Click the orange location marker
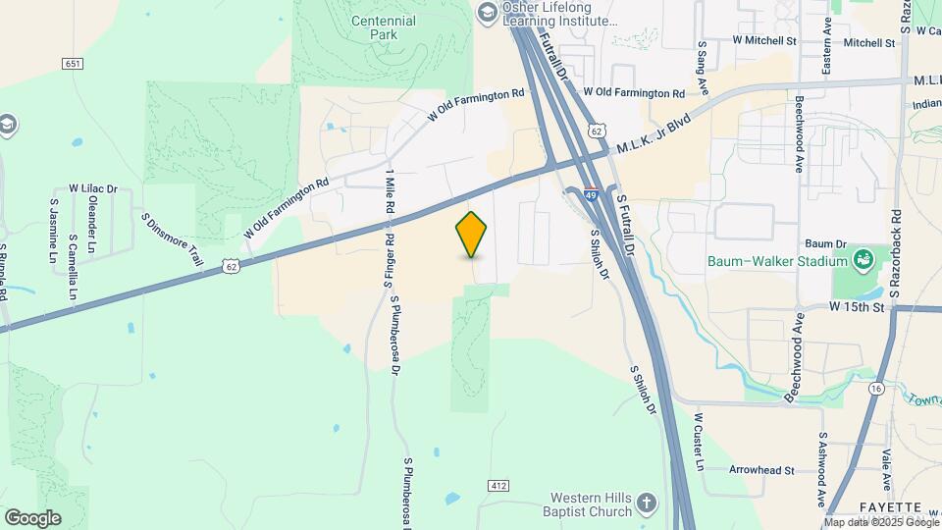[x=472, y=234]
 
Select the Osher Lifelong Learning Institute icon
[x=487, y=12]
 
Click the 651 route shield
[x=72, y=64]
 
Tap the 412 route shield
[x=499, y=486]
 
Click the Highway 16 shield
[x=875, y=389]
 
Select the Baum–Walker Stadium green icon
[x=863, y=260]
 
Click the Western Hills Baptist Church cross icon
[x=646, y=504]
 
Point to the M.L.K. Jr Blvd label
[x=654, y=133]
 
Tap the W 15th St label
[x=857, y=307]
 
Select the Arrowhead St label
[x=761, y=470]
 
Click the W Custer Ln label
[x=700, y=442]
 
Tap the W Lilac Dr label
[x=92, y=188]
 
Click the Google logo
[x=32, y=518]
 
